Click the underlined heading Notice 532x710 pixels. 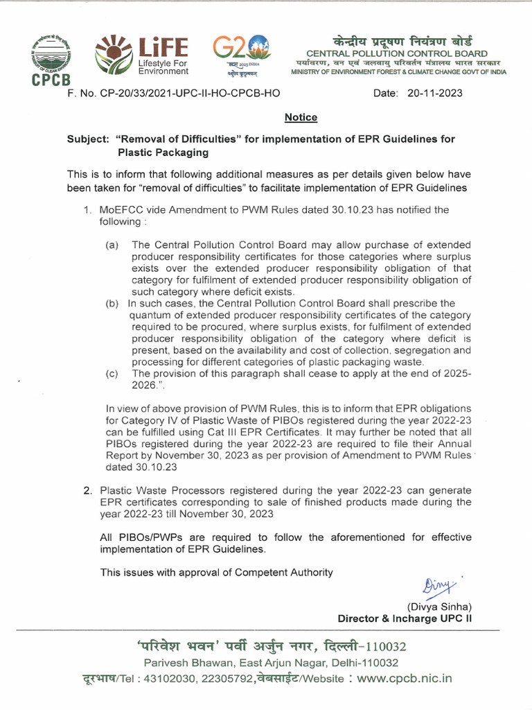301,117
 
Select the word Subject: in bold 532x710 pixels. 88,139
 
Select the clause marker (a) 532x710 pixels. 112,245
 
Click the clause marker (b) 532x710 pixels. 112,303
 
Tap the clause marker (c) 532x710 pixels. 112,373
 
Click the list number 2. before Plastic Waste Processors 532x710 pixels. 88,490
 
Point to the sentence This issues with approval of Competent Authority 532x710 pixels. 216,572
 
